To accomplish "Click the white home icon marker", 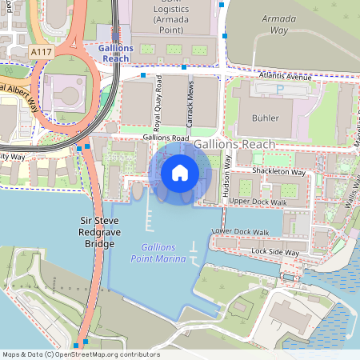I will [x=180, y=172].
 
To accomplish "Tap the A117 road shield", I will [x=41, y=52].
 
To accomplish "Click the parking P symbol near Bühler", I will [x=279, y=90].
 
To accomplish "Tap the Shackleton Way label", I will [x=278, y=172].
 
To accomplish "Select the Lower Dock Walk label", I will [x=240, y=232].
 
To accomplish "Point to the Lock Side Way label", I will [x=274, y=252].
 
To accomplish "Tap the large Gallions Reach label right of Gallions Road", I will [x=234, y=143].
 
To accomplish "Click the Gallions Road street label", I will [x=166, y=138].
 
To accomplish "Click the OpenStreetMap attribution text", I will [x=81, y=354].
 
